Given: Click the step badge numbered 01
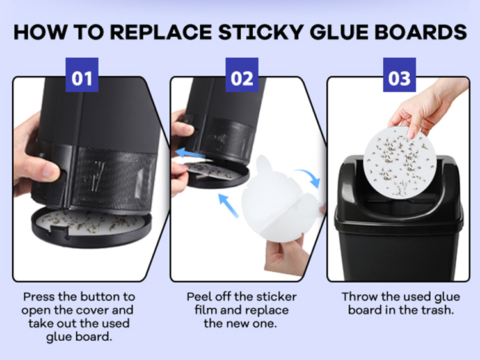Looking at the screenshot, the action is [x=82, y=75].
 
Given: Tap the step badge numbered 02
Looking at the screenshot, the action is [x=242, y=75].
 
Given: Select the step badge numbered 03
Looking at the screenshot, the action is [x=399, y=75].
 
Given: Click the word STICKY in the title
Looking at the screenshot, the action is [x=261, y=32].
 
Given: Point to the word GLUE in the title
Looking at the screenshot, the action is [x=339, y=32].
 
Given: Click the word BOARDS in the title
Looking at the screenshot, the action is [x=420, y=32].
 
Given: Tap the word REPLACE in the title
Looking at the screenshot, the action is [x=161, y=32].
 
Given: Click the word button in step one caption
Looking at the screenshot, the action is [x=97, y=297].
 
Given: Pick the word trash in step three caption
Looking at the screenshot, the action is [x=437, y=310].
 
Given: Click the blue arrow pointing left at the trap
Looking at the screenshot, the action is [x=191, y=153].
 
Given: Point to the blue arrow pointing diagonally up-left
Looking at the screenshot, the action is [x=228, y=205].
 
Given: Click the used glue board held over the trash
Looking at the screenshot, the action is [x=399, y=162].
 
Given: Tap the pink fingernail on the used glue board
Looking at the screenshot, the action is [x=411, y=134].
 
